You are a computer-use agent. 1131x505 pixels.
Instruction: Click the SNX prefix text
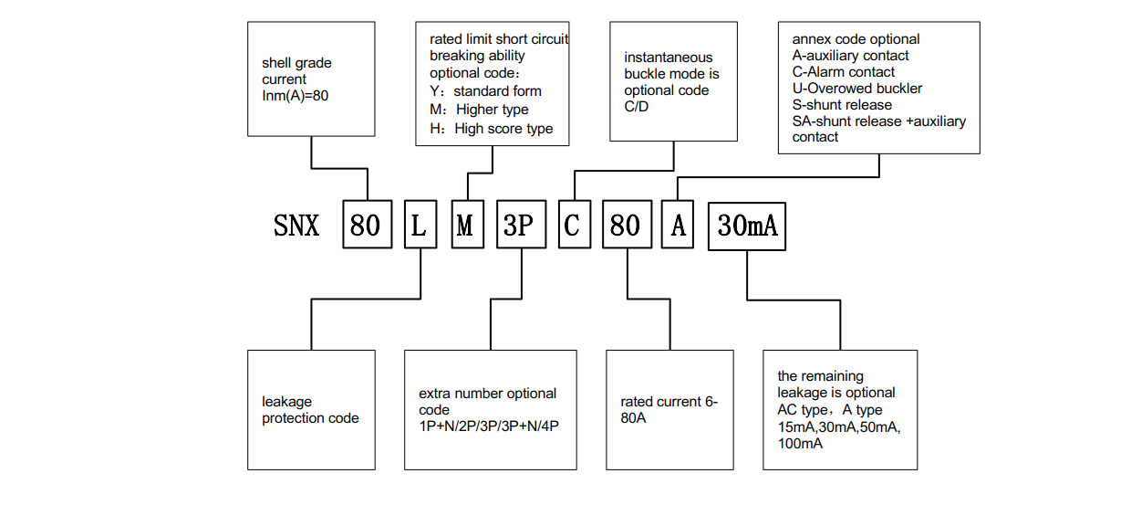[296, 225]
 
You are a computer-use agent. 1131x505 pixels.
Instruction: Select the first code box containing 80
[366, 225]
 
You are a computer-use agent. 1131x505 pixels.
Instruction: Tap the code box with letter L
[419, 225]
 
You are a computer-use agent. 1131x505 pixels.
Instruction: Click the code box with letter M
[465, 225]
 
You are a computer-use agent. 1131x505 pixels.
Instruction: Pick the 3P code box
[518, 225]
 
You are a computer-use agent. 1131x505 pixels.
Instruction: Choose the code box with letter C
[571, 225]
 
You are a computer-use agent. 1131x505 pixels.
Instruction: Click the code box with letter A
[678, 225]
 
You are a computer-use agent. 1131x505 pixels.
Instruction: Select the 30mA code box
[747, 225]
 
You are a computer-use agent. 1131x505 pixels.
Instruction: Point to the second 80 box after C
[625, 225]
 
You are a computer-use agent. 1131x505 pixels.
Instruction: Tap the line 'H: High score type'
[491, 129]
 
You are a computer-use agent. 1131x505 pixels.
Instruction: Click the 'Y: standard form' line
[485, 91]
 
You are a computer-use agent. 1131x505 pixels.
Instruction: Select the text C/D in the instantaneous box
[638, 107]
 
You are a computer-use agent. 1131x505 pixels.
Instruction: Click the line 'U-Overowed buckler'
[856, 89]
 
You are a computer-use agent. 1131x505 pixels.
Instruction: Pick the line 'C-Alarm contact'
[843, 72]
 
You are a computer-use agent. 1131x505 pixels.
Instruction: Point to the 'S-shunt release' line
[842, 105]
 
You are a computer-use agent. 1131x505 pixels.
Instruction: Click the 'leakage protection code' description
[310, 410]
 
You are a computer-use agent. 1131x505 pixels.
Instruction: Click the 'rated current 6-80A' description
[669, 410]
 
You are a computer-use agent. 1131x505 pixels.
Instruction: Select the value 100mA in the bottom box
[800, 444]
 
